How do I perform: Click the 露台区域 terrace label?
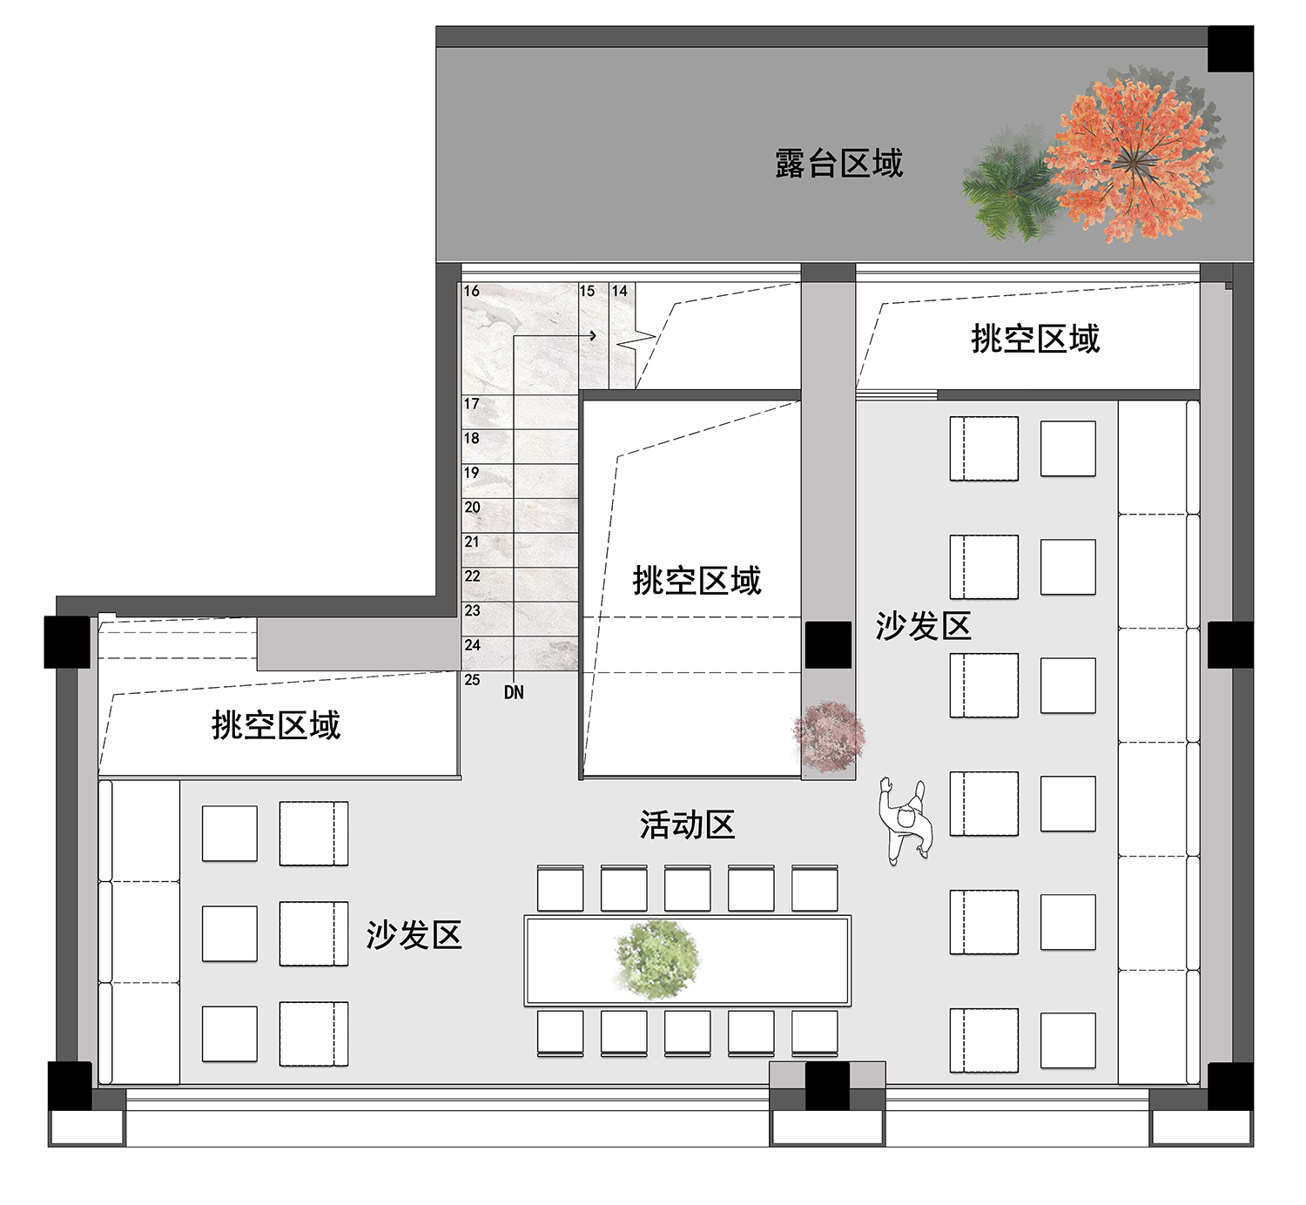(x=838, y=164)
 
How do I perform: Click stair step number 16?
(x=471, y=291)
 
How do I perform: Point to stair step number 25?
(x=472, y=680)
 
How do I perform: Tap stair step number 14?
(x=620, y=291)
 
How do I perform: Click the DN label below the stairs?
(x=514, y=693)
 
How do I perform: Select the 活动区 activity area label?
(x=687, y=825)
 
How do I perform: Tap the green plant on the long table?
(x=657, y=959)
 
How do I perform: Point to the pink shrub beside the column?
(x=829, y=737)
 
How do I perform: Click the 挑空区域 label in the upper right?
(x=1035, y=339)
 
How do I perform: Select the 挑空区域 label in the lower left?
(x=275, y=725)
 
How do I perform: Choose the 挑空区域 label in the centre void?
(x=697, y=581)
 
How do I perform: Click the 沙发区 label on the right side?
(x=923, y=626)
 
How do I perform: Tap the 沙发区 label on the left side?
(x=414, y=935)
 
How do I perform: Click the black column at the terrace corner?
(x=1230, y=49)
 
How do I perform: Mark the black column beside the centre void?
(x=828, y=645)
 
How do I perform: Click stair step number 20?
(x=472, y=508)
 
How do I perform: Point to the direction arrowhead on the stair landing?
(x=594, y=335)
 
